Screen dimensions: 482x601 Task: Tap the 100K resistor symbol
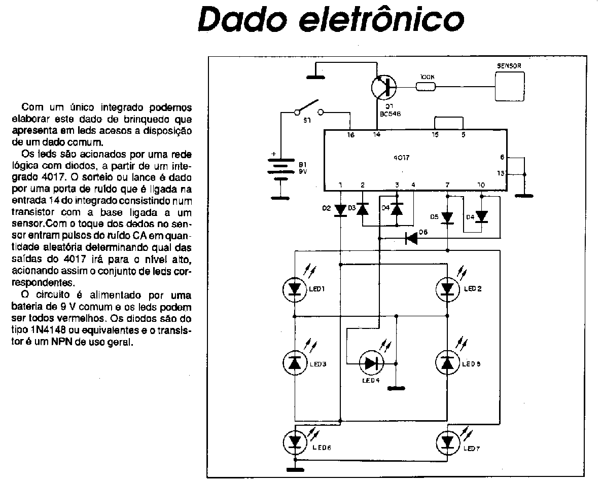pos(425,86)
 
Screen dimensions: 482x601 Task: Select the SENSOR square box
pos(510,86)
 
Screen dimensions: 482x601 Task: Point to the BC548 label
pos(390,114)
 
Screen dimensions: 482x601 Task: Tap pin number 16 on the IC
pos(350,135)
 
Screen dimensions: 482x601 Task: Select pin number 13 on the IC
pos(501,173)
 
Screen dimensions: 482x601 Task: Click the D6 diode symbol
pos(411,237)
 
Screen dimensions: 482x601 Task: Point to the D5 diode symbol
pos(447,217)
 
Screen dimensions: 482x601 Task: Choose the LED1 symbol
pos(295,289)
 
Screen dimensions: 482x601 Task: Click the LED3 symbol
pos(295,362)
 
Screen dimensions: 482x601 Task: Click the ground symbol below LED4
pos(397,389)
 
